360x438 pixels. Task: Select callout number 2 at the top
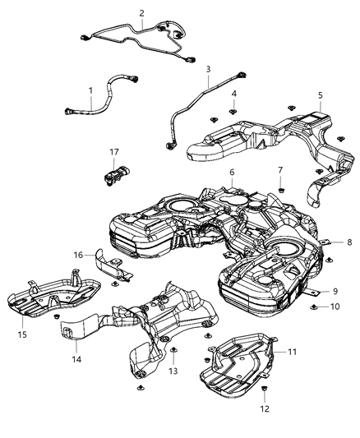pyautogui.click(x=141, y=13)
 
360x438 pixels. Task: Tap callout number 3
pyautogui.click(x=208, y=69)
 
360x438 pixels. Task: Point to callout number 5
pyautogui.click(x=320, y=95)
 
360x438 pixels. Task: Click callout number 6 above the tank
pyautogui.click(x=232, y=172)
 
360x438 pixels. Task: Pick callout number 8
pyautogui.click(x=348, y=242)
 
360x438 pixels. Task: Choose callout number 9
pyautogui.click(x=335, y=290)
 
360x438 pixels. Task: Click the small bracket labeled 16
pyautogui.click(x=111, y=268)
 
